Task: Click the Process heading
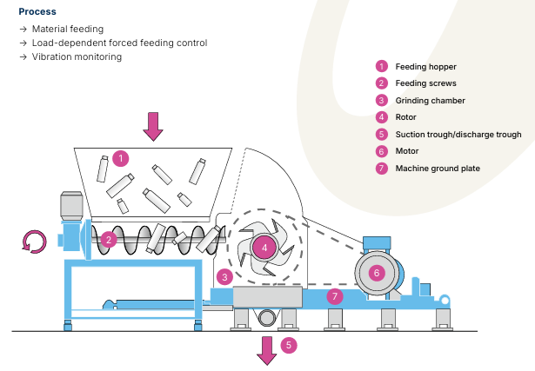coord(37,11)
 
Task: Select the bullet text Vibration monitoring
coord(77,56)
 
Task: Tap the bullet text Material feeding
coord(68,29)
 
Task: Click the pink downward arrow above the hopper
coord(153,126)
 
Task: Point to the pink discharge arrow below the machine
coord(267,351)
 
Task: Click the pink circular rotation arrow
coord(35,242)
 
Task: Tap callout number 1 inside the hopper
coord(120,158)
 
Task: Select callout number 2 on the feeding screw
coord(109,240)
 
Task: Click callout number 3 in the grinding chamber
coord(224,277)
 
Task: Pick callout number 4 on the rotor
coord(264,248)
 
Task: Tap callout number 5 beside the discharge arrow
coord(289,345)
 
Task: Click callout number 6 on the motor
coord(377,273)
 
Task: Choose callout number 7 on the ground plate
coord(335,296)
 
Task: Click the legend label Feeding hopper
coord(425,67)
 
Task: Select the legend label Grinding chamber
coord(431,101)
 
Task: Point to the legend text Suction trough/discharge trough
coord(458,135)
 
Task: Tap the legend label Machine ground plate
coord(438,169)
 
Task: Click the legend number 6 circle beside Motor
coord(382,151)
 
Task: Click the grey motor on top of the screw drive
coord(71,206)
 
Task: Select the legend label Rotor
coord(405,117)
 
